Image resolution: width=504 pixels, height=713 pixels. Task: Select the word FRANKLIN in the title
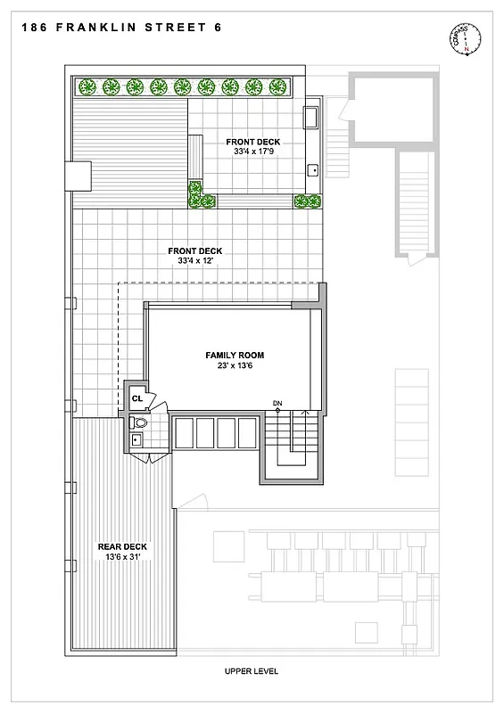[x=101, y=28]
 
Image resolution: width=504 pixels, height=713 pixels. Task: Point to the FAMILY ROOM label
[x=235, y=355]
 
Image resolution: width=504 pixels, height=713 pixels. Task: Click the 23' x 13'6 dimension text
[x=235, y=365]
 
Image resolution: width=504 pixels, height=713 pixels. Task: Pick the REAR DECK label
[x=123, y=546]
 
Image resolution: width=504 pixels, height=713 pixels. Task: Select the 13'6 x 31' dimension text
[x=123, y=557]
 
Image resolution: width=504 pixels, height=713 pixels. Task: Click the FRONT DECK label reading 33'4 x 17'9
[x=253, y=142]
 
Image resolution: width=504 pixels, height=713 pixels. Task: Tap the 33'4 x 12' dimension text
[x=195, y=261]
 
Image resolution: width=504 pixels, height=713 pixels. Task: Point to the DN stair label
[x=277, y=404]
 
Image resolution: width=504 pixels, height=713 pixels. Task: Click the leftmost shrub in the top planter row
[x=87, y=86]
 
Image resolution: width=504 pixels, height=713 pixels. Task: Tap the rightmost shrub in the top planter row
[x=277, y=86]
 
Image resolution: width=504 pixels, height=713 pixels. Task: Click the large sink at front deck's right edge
[x=312, y=119]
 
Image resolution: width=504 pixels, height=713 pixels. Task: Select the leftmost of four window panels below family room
[x=185, y=433]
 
